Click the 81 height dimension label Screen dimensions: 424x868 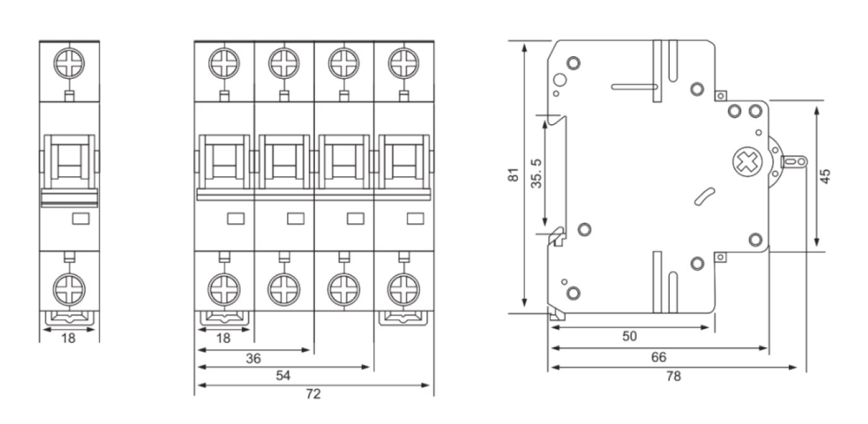pyautogui.click(x=514, y=175)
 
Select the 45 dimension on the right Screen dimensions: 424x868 pyautogui.click(x=826, y=175)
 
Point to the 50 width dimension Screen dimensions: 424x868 pyautogui.click(x=630, y=336)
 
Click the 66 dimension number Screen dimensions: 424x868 pyautogui.click(x=658, y=357)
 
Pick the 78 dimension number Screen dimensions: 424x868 pyautogui.click(x=673, y=377)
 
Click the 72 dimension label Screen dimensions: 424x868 pyautogui.click(x=313, y=394)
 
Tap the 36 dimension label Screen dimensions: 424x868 pyautogui.click(x=252, y=358)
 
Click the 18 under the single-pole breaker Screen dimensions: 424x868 pyautogui.click(x=68, y=338)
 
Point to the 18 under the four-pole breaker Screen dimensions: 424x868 pyautogui.click(x=223, y=338)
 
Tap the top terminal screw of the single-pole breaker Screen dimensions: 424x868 pyautogui.click(x=69, y=63)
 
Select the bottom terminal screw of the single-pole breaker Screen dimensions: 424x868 pyautogui.click(x=69, y=290)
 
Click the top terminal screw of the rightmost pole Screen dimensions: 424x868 pyautogui.click(x=403, y=63)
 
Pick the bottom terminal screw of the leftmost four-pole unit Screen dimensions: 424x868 pyautogui.click(x=223, y=290)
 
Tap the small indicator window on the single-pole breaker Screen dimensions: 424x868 pyautogui.click(x=80, y=218)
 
